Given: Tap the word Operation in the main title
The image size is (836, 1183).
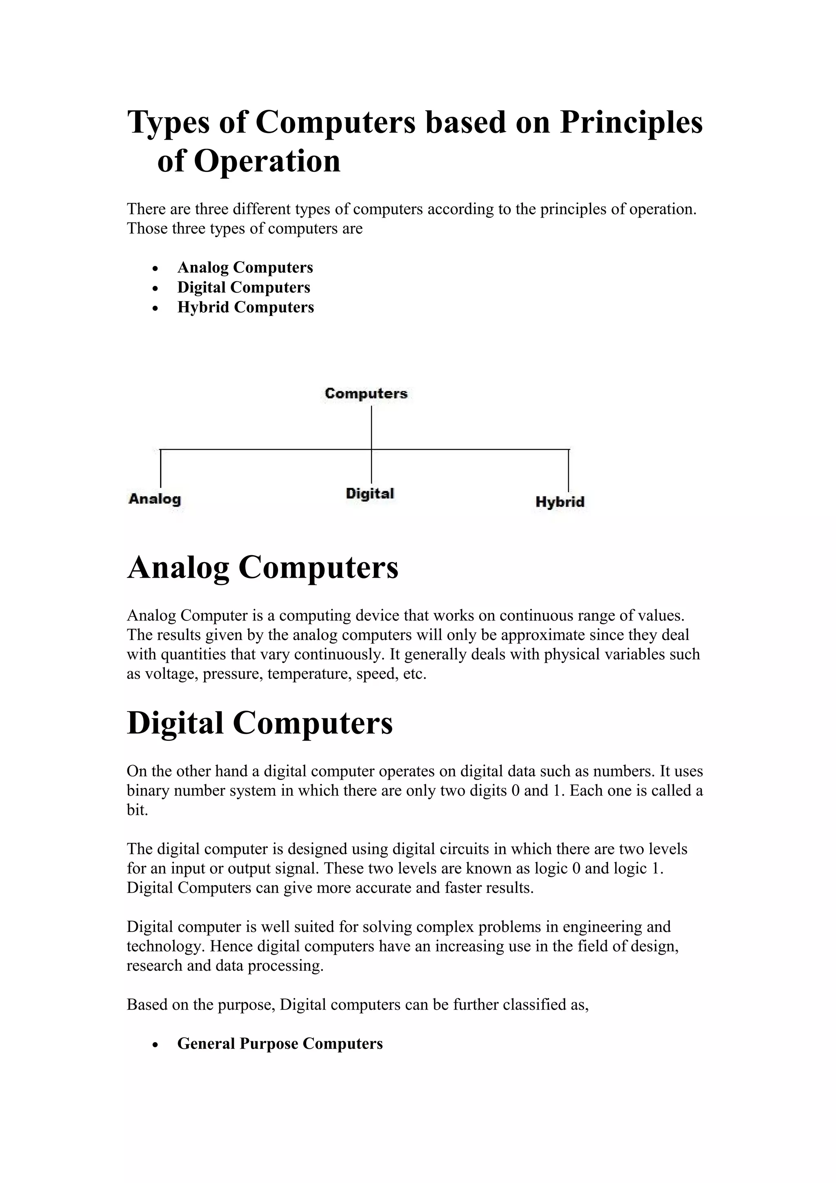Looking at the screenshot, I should [267, 161].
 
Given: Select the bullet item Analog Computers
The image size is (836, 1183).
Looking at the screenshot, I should [245, 267].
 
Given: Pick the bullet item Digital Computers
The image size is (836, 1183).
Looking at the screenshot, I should [244, 287].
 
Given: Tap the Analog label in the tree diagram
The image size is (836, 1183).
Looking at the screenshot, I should [155, 499].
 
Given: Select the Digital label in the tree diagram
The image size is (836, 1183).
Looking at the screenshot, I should [370, 494].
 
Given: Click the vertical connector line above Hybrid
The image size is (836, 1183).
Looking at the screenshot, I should [568, 470].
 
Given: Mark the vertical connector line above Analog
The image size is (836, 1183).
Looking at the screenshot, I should [161, 468].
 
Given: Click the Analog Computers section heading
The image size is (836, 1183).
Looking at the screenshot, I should [263, 568].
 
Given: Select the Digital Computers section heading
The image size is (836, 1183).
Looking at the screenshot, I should [260, 723].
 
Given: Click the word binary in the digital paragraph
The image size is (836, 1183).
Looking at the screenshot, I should [148, 791].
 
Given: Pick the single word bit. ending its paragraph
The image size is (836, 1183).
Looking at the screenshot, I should [137, 810].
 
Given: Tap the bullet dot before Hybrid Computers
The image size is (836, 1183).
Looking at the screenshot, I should [156, 308].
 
